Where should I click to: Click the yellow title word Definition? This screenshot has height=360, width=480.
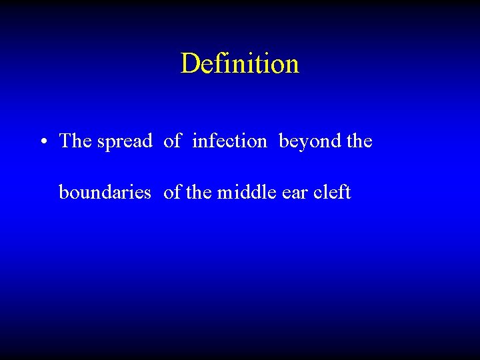(239, 64)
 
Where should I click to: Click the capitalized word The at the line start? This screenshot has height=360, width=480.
(75, 141)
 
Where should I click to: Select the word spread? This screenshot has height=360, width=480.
(125, 141)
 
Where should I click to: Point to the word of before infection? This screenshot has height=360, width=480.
(172, 141)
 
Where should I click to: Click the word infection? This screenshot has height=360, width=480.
(229, 141)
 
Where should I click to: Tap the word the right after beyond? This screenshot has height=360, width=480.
(359, 141)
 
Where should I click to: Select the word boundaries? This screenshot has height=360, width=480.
(105, 192)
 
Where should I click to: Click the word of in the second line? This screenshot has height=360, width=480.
(172, 192)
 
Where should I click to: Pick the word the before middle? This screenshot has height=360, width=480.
(198, 192)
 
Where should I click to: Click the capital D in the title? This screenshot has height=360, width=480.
(190, 64)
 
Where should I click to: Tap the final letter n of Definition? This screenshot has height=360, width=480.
(292, 65)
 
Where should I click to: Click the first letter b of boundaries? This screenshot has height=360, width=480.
(64, 192)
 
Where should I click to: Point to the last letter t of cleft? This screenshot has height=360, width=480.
(348, 193)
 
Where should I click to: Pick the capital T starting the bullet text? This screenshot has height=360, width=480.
(65, 141)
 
